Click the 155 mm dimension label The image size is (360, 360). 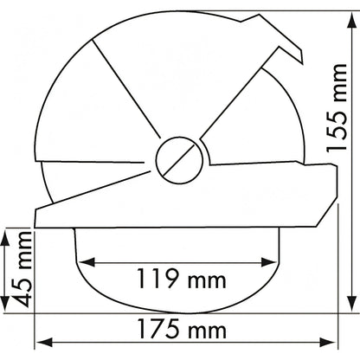click(337, 107)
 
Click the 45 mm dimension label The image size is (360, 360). click(22, 269)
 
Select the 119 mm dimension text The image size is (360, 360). click(181, 279)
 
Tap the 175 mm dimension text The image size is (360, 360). click(182, 329)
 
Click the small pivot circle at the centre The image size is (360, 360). click(179, 160)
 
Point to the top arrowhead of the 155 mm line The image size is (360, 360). click(351, 20)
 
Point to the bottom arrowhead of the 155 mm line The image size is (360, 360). click(351, 303)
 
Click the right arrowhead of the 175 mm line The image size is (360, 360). click(327, 343)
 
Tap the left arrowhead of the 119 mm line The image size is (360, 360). click(87, 262)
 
